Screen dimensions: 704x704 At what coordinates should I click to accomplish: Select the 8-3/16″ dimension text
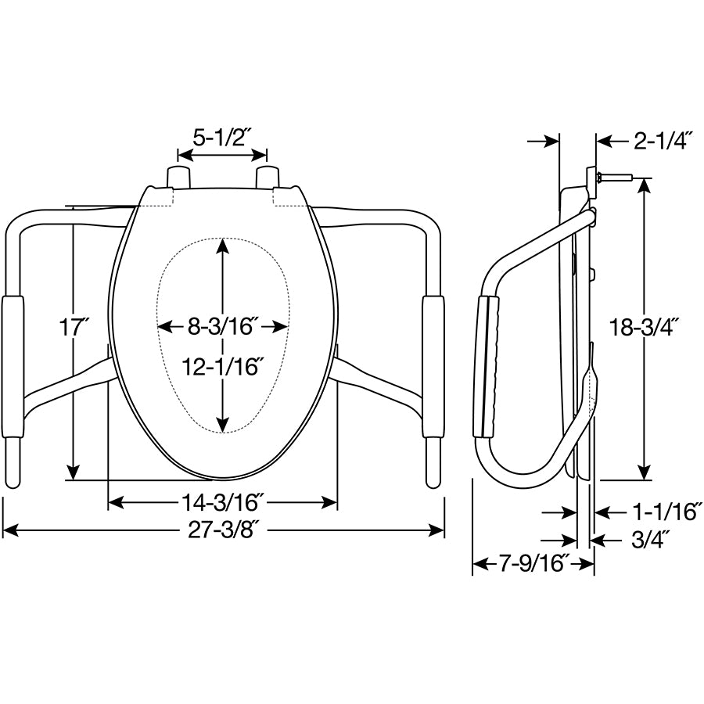click(x=224, y=326)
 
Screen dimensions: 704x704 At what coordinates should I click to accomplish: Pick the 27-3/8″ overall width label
click(x=223, y=530)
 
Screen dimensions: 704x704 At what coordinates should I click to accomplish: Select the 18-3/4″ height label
click(x=644, y=327)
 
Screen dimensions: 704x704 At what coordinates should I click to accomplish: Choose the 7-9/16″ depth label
click(x=532, y=563)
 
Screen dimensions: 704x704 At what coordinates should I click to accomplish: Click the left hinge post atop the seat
click(x=180, y=176)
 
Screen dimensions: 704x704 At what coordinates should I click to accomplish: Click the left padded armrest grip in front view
click(x=13, y=365)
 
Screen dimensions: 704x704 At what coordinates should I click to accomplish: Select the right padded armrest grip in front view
click(x=433, y=365)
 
